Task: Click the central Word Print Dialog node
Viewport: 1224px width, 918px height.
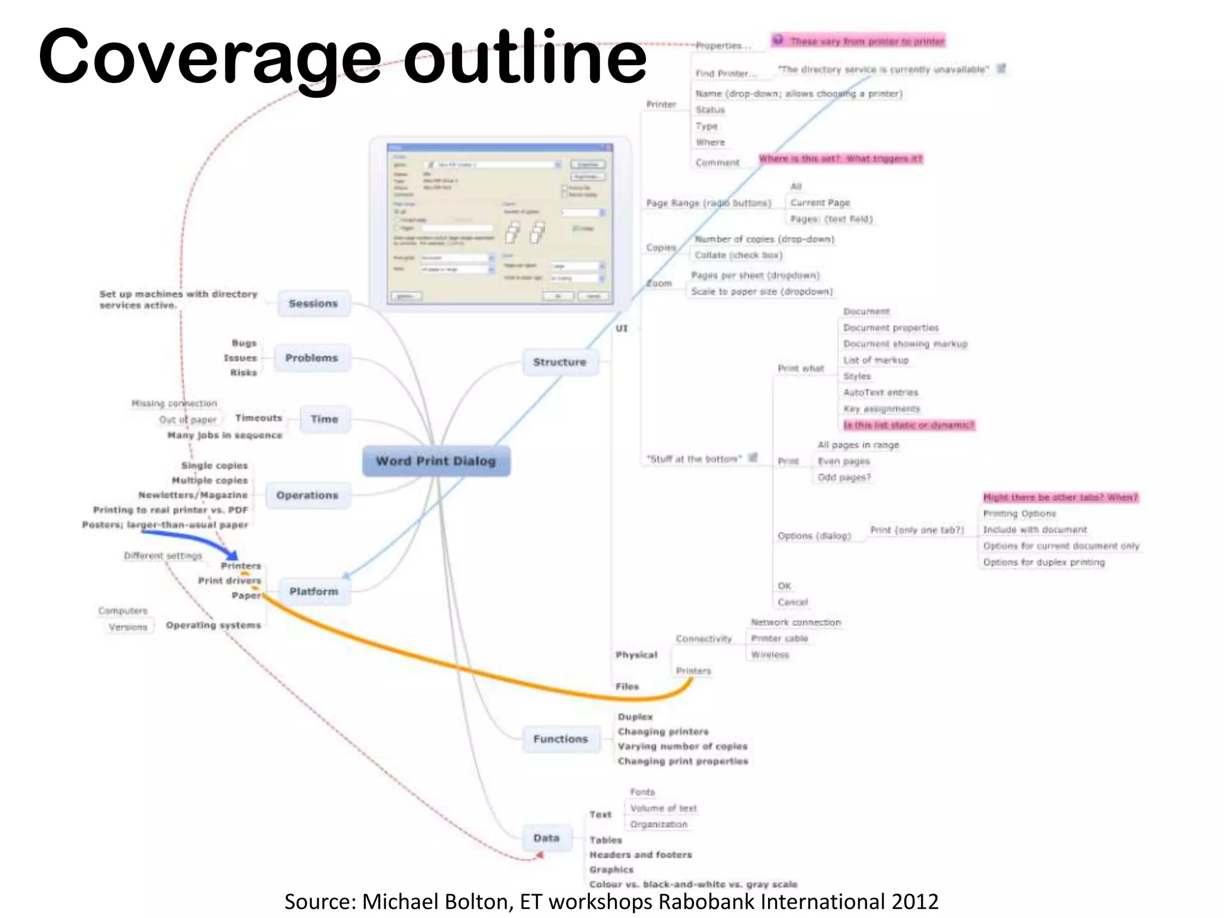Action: tap(436, 461)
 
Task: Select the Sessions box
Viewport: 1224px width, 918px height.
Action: tap(313, 304)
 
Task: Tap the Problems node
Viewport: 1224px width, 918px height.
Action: tap(311, 358)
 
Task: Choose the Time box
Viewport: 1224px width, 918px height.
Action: tap(324, 419)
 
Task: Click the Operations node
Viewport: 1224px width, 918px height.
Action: tap(307, 495)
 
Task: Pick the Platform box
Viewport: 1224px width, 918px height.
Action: tap(314, 591)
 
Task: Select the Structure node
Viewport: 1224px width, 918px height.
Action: tap(559, 362)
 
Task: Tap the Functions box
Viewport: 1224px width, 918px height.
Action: tap(561, 739)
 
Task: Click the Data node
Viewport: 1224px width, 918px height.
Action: tap(546, 838)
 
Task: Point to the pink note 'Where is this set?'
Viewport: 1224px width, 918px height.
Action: tap(840, 158)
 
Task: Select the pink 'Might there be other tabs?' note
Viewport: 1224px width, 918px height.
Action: tap(1060, 497)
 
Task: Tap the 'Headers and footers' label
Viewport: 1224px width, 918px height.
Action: tap(641, 855)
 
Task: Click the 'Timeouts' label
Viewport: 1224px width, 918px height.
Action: tap(258, 418)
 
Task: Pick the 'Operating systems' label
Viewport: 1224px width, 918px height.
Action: tap(213, 625)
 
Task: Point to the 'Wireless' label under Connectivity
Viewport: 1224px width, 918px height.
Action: tap(770, 655)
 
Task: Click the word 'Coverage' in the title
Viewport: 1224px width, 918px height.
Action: tap(209, 57)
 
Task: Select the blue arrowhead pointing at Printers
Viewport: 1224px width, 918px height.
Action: tap(232, 555)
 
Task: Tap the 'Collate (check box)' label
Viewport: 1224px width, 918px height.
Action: tap(738, 255)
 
